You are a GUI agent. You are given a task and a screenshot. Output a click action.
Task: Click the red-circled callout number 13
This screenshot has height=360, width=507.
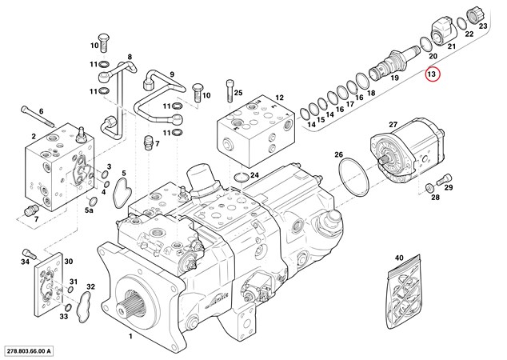click(x=433, y=74)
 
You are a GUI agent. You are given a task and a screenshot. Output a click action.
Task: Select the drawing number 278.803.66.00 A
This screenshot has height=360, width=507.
click(x=36, y=350)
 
